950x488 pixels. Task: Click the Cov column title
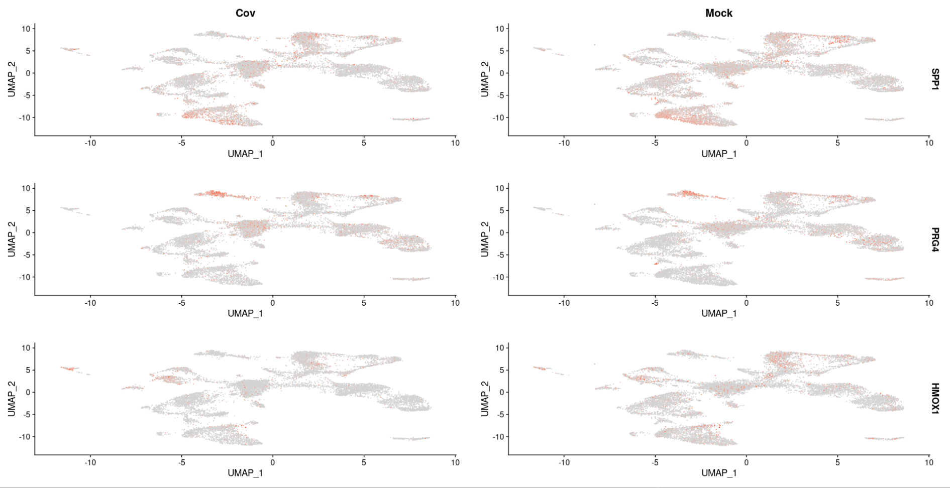245,13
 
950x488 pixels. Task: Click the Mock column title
718,13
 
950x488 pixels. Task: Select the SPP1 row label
934,79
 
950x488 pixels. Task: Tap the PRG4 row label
934,239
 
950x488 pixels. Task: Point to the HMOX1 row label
934,399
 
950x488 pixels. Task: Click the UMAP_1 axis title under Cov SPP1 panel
245,154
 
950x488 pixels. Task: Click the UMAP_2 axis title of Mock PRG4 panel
485,239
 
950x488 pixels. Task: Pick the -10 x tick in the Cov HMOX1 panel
90,462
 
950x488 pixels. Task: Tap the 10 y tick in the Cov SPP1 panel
26,29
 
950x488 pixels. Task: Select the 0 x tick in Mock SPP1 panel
746,143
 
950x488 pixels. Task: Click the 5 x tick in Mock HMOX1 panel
837,462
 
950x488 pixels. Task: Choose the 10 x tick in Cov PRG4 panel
455,302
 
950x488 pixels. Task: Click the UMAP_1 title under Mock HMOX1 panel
718,473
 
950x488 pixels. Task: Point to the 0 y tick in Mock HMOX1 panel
501,392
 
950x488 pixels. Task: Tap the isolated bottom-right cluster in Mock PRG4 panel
884,279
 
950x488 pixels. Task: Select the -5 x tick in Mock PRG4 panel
655,302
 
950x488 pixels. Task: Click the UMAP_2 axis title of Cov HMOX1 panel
12,399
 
